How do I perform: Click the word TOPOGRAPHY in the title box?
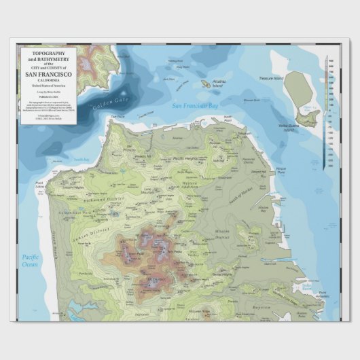click(46, 52)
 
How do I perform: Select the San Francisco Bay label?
click(194, 106)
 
